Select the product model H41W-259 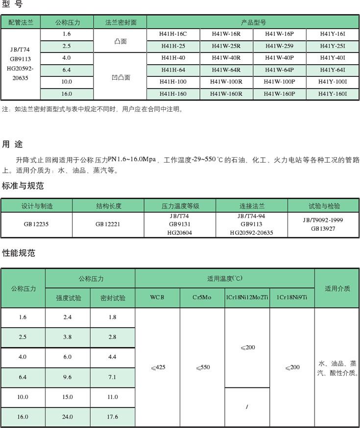[279, 47]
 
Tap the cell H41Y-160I [332, 94]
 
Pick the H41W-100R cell [226, 82]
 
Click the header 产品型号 [253, 23]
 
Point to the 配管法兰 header [21, 23]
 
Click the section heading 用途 [12, 144]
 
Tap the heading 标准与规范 [23, 186]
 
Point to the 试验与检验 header [324, 206]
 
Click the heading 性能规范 [19, 253]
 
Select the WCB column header [157, 298]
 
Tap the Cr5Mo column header [201, 298]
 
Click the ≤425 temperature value [157, 367]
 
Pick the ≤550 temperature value [202, 367]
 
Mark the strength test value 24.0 [68, 417]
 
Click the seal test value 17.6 [113, 417]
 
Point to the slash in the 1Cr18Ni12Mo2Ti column [247, 406]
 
